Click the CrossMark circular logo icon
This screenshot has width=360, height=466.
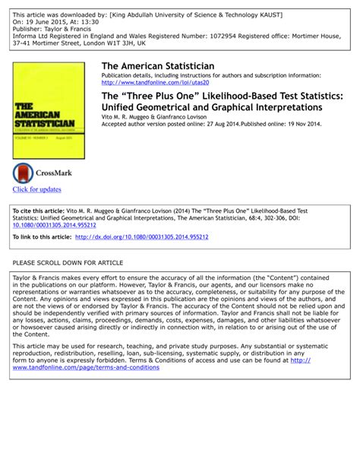(x=23, y=173)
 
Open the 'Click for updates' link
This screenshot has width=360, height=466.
(x=36, y=189)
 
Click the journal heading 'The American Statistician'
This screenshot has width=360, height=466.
(x=157, y=67)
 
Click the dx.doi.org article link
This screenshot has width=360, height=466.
(x=141, y=236)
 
